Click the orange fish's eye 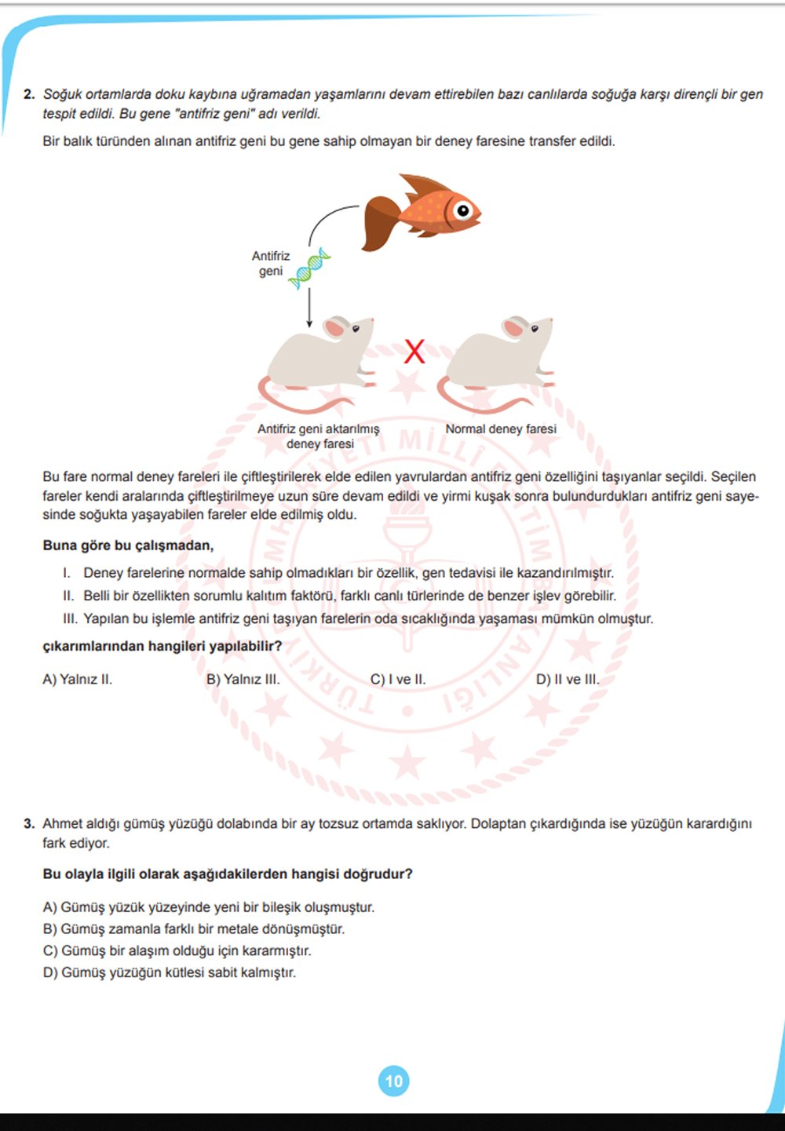pos(463,210)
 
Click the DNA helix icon pos(309,268)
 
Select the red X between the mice pos(414,351)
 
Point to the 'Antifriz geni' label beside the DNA pos(271,263)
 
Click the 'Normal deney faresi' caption pos(501,429)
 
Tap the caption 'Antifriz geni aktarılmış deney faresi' pos(319,436)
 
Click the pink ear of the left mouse pos(336,327)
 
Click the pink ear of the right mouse pos(514,327)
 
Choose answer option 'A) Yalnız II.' pos(77,680)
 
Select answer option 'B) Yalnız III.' pos(243,680)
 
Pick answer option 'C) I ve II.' pos(398,680)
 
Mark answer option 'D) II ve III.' pos(567,680)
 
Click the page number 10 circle pos(393,1081)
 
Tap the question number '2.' pos(29,94)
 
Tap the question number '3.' pos(29,823)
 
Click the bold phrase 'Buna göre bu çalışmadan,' pos(128,545)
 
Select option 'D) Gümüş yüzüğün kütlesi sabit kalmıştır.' pos(169,972)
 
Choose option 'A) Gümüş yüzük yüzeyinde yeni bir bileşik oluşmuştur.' pos(208,907)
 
